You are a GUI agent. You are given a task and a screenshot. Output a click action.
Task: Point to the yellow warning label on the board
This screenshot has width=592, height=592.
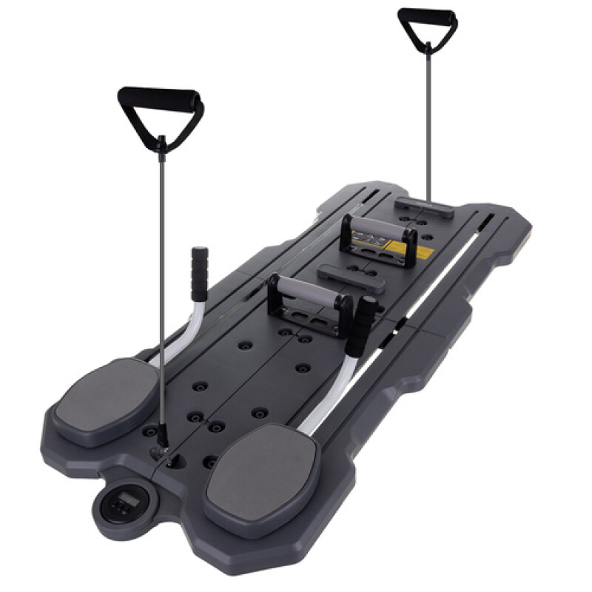[x=423, y=254]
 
